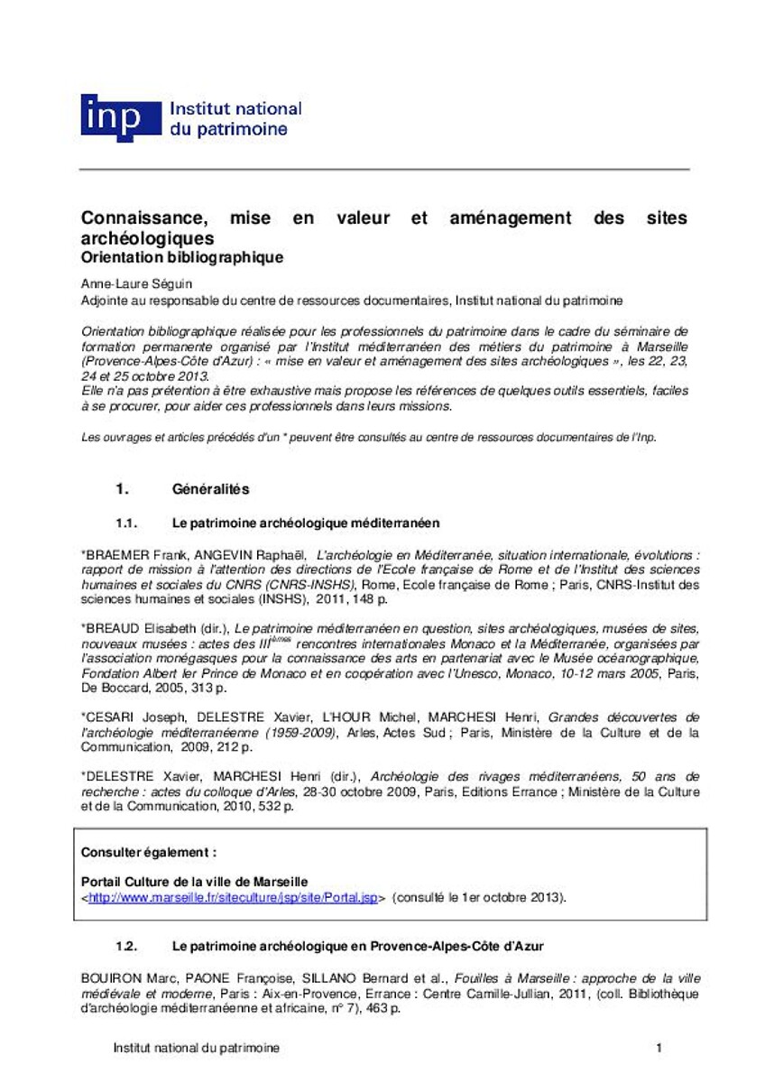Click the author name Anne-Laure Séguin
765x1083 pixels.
coord(123,282)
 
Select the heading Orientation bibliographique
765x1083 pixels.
coord(182,257)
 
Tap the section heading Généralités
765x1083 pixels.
coord(209,489)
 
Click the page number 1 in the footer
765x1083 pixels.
coord(659,1048)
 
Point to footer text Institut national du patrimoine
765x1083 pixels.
coord(196,1048)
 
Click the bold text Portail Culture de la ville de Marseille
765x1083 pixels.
coord(195,882)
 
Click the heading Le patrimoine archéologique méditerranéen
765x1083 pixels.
coord(305,523)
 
